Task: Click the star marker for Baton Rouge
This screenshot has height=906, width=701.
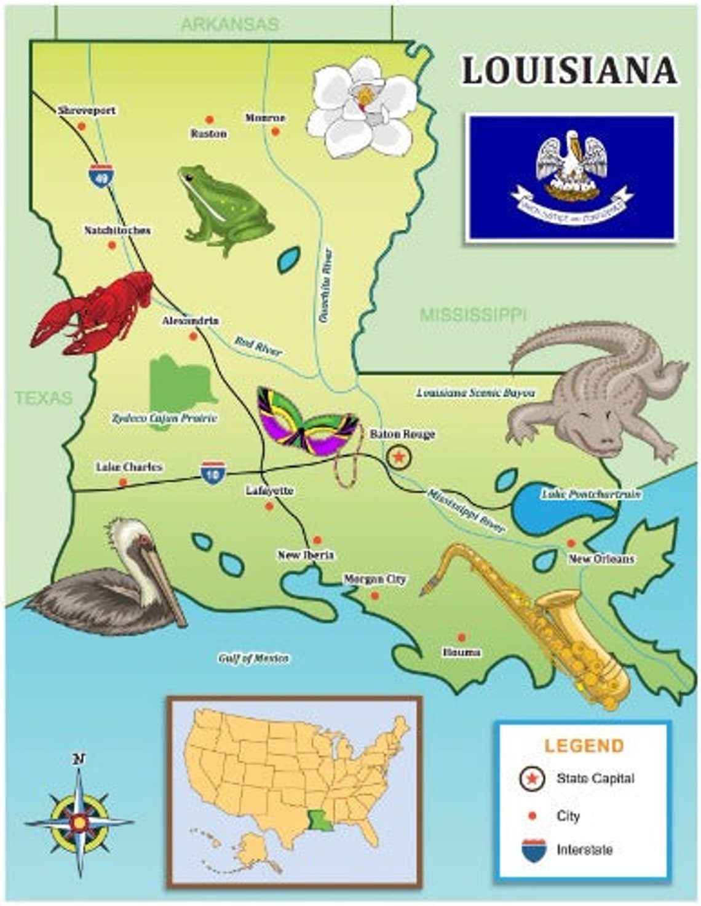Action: [399, 456]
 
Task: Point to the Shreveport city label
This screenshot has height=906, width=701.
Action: [87, 111]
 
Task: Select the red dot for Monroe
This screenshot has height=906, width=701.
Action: [275, 132]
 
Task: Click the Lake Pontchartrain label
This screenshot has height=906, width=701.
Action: [592, 494]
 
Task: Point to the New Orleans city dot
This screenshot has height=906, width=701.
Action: [571, 543]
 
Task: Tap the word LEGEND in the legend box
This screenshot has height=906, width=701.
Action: [584, 746]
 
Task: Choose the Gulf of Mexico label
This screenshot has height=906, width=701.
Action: [253, 658]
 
